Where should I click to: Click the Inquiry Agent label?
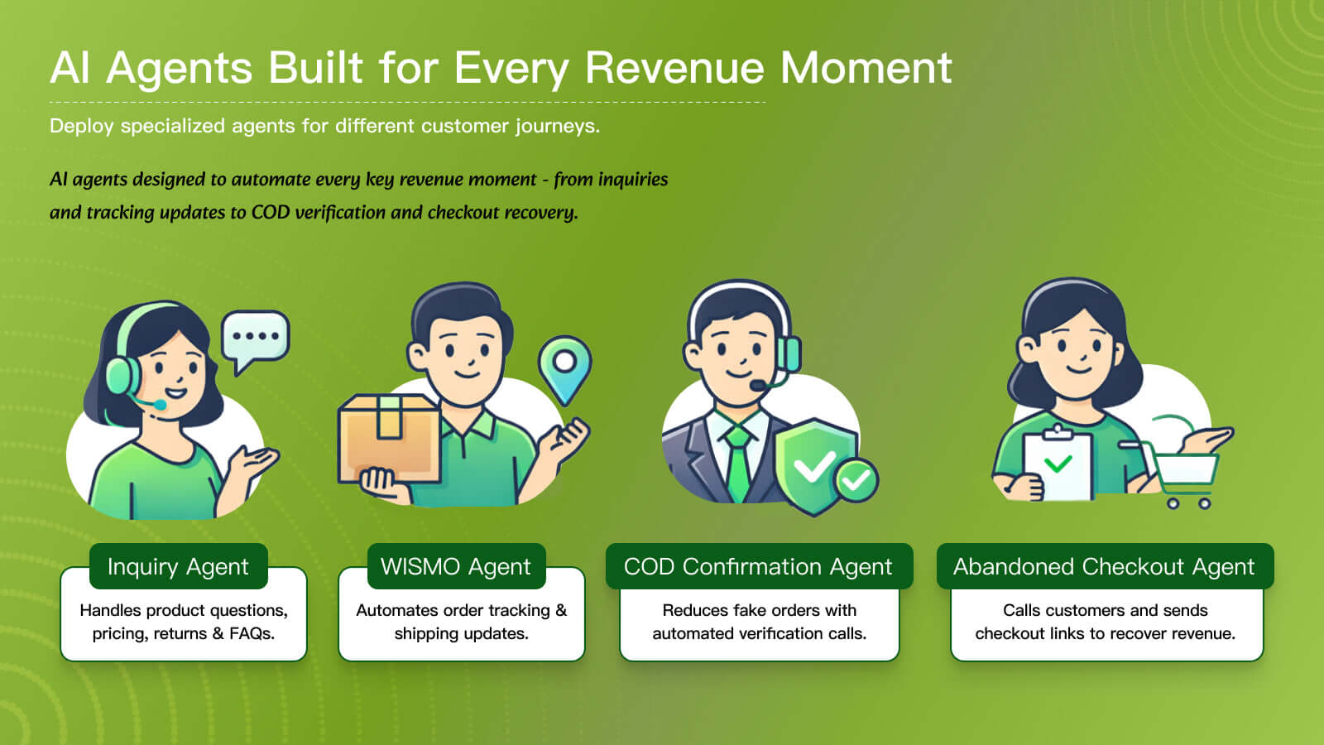tap(178, 566)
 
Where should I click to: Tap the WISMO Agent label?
tap(456, 566)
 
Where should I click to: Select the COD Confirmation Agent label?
tap(758, 566)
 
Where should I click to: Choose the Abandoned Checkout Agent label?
tap(1104, 566)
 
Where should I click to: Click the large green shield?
tap(814, 467)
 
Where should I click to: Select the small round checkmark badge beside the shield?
tap(856, 480)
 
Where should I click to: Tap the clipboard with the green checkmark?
tap(1058, 464)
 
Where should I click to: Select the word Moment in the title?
tap(866, 68)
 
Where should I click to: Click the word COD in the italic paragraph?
tap(270, 212)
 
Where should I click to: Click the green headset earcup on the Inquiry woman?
tap(122, 376)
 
